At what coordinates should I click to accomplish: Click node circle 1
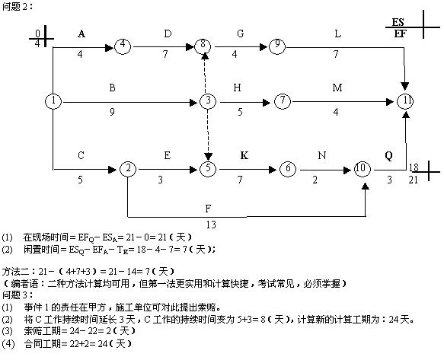(x=53, y=100)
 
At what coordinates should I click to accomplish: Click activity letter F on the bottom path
(x=208, y=209)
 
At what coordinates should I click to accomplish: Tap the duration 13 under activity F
(x=211, y=225)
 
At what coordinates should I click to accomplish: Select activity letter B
(x=112, y=88)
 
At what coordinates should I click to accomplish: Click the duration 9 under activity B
(x=112, y=112)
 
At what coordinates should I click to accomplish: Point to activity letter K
(x=244, y=155)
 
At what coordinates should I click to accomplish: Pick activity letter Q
(x=388, y=156)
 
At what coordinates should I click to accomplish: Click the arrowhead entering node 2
(x=113, y=170)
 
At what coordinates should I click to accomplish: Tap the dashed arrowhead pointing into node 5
(x=208, y=157)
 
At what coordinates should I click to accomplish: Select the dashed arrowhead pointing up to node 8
(x=206, y=56)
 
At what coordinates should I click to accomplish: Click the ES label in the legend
(x=398, y=22)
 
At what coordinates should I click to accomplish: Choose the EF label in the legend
(x=400, y=34)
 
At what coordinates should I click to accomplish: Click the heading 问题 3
(x=17, y=295)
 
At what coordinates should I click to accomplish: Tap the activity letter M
(x=337, y=88)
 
